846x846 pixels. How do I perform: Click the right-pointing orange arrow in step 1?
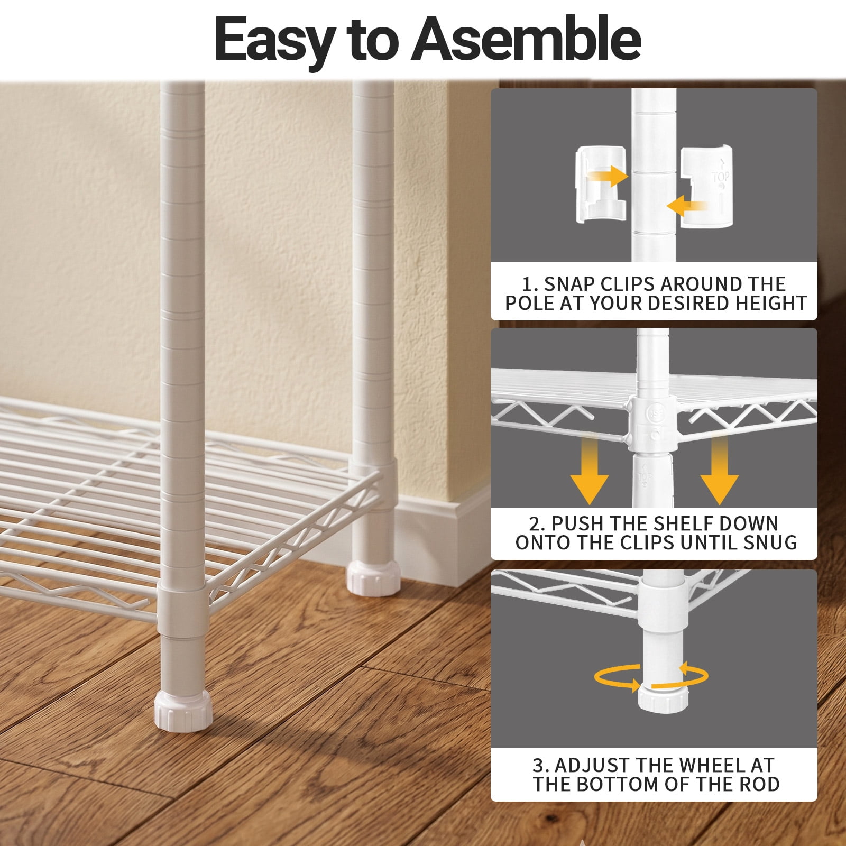pos(608,176)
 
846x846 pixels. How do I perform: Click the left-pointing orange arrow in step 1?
pos(686,205)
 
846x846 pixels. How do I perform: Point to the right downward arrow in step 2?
pos(719,470)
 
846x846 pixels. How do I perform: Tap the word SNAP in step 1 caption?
pos(569,284)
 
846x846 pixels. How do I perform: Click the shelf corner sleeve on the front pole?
pos(181,611)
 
